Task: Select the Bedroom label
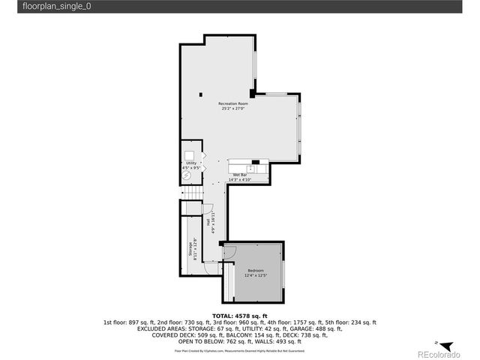(x=256, y=269)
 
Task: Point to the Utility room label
(x=191, y=163)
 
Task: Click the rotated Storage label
(x=190, y=247)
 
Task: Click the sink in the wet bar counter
(x=240, y=168)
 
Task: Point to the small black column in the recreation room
(x=201, y=94)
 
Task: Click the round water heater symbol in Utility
(x=187, y=175)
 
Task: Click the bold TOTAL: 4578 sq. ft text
(x=240, y=316)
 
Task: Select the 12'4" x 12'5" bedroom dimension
(x=256, y=274)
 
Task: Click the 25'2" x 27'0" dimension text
(x=232, y=108)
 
